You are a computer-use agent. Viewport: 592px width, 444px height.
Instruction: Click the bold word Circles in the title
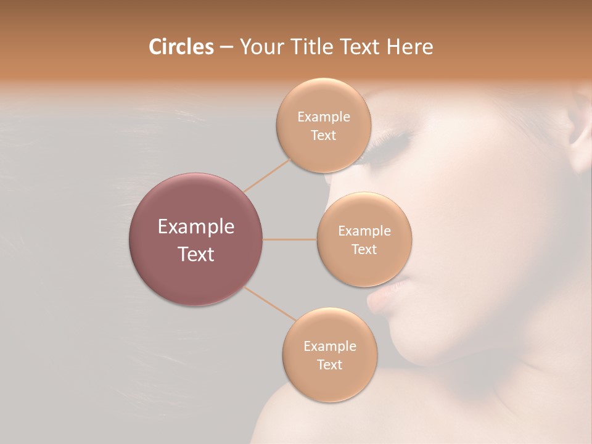[x=181, y=47]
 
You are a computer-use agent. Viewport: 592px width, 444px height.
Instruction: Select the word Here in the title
[x=409, y=47]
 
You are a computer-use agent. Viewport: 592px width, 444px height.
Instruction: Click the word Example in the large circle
[x=196, y=227]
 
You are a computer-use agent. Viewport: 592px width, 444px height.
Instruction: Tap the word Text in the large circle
[x=196, y=254]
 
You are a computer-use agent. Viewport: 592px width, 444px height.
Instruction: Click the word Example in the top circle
[x=324, y=117]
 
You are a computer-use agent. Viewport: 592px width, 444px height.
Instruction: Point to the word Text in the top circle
[x=323, y=136]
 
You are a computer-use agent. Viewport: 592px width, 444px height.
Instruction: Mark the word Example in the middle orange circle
[x=364, y=231]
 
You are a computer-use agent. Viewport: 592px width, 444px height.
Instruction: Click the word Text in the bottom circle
[x=329, y=364]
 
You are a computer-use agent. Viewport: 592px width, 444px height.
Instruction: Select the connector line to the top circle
[x=266, y=175]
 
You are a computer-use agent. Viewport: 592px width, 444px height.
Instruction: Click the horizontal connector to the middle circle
[x=290, y=239]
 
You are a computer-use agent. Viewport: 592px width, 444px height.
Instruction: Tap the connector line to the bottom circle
[x=269, y=303]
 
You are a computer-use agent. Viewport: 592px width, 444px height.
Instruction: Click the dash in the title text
[x=226, y=47]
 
